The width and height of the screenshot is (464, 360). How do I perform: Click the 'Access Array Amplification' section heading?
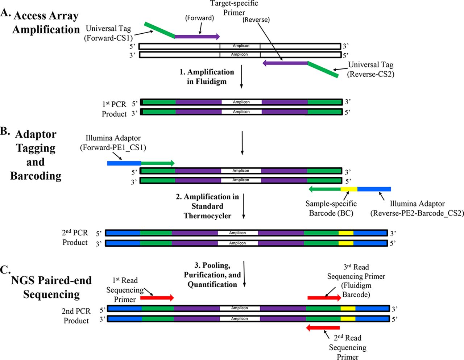point(46,22)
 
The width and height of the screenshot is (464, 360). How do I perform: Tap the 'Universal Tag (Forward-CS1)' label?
point(108,33)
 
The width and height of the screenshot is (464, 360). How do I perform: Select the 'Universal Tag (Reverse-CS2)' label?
point(370,69)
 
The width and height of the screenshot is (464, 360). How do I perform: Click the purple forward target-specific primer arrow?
point(197,37)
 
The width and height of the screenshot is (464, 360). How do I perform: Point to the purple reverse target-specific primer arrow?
point(285,63)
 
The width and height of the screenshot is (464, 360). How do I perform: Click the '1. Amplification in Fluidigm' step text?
point(207,76)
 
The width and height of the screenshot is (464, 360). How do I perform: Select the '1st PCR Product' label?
point(114,109)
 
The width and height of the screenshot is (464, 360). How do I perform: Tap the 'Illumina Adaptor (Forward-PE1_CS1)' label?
point(113,142)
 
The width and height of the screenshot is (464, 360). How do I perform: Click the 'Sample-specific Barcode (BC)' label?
point(331,208)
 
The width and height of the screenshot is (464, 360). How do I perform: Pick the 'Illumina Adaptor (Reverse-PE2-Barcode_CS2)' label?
point(417,208)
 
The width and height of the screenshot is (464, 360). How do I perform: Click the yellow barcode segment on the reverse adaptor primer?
point(349,189)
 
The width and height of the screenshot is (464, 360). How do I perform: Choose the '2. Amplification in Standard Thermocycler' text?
point(207,206)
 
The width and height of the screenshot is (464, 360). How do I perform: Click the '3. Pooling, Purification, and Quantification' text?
point(212,275)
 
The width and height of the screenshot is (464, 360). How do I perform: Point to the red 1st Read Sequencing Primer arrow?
point(157,298)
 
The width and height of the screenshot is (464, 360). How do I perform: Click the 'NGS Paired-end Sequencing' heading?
point(51,287)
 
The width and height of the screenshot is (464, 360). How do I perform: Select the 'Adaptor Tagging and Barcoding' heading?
point(36,155)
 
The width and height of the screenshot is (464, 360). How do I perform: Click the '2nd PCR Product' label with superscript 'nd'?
point(75,237)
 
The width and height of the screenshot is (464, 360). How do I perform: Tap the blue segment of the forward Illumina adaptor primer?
point(124,163)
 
